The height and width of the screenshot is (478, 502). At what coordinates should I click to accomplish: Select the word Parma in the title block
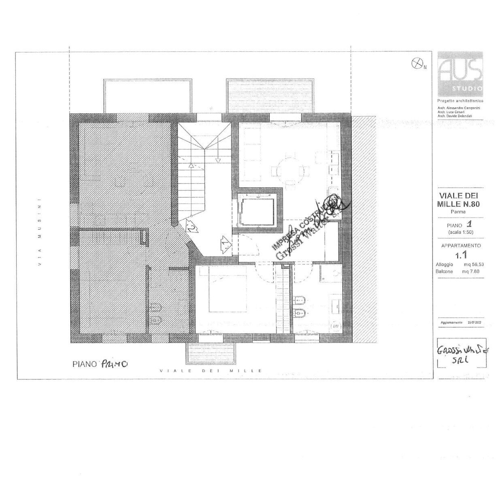pos(458,212)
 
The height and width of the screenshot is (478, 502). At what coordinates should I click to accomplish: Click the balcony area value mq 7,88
pos(471,272)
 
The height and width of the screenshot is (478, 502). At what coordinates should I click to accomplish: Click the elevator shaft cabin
pos(257,211)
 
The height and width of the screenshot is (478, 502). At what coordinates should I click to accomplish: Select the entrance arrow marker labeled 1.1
pos(225,244)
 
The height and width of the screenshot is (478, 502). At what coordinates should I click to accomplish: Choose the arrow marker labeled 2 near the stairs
pos(192,226)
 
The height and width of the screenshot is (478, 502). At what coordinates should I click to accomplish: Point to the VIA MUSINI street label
pos(39,232)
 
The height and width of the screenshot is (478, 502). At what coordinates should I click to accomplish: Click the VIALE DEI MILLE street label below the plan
pos(211,371)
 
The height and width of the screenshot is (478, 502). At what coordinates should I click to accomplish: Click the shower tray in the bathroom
pos(330,273)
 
